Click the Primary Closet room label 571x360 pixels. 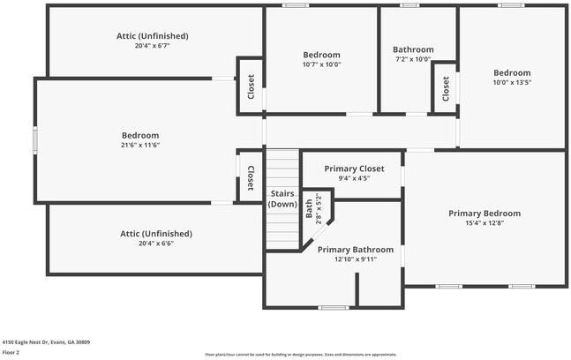coord(353,169)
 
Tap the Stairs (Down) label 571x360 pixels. coord(282,199)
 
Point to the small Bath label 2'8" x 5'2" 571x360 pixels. coord(309,207)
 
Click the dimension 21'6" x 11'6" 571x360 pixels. coord(140,145)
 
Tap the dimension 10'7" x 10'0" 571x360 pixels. coord(321,64)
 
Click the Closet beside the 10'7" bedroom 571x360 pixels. coord(251,86)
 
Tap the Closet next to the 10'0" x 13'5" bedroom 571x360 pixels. coord(446,87)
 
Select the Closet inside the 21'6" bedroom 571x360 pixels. coord(251,177)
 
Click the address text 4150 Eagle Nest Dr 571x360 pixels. coord(46,341)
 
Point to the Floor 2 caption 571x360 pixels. coord(12,351)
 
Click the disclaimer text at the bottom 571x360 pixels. coord(300,354)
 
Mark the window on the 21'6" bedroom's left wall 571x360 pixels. coord(36,139)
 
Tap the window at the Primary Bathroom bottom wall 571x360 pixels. coord(333,307)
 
